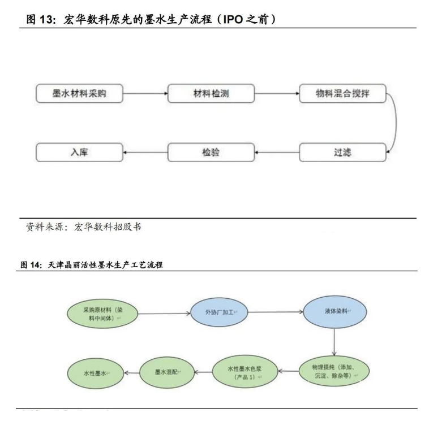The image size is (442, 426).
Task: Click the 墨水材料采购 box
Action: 79,93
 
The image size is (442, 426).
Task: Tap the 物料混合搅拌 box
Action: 342,93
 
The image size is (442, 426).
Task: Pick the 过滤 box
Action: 342,153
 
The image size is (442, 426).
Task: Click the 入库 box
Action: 79,153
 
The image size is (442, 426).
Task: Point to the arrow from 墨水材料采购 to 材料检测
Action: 145,93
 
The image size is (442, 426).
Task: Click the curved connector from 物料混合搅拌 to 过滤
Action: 394,123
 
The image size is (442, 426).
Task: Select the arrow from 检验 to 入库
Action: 145,153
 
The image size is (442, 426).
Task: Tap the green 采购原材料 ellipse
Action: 102,315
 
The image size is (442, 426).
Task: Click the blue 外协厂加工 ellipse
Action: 221,312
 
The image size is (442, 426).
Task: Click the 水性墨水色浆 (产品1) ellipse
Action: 244,372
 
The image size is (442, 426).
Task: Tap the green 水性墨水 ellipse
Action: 96,373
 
